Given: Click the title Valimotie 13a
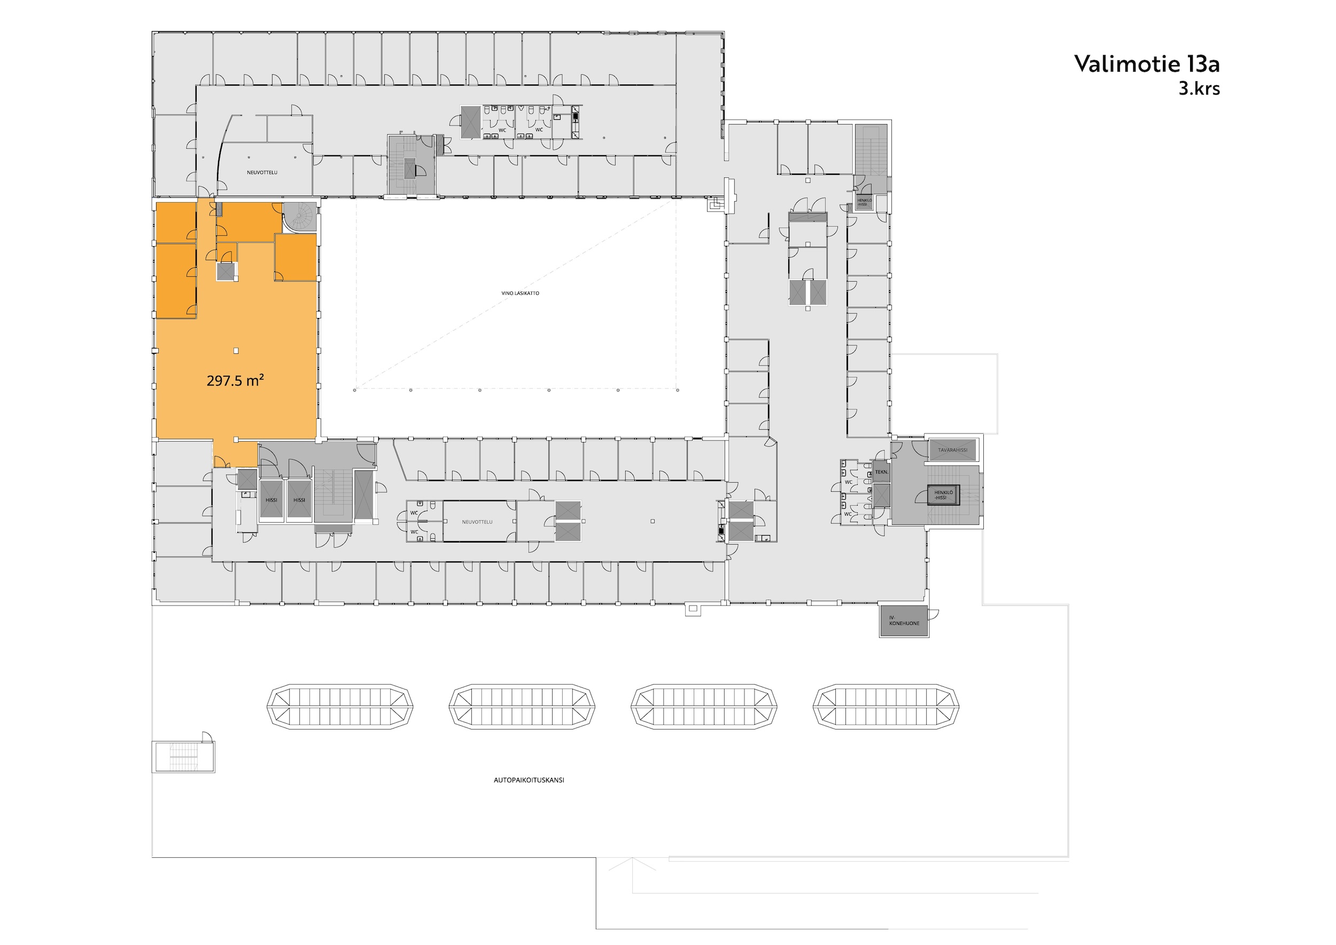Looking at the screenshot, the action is [x=1146, y=64].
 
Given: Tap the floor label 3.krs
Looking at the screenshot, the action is [x=1199, y=88].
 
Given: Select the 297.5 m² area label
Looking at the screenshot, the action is [x=236, y=381].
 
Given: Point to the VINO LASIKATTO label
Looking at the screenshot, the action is [x=520, y=293].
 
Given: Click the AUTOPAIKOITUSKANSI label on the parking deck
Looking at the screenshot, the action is [x=529, y=780].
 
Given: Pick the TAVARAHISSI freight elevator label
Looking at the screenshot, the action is [x=952, y=451].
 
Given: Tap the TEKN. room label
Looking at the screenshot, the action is [x=882, y=472].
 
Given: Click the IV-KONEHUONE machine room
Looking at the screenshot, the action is [x=904, y=621].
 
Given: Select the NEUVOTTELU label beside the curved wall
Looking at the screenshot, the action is [x=262, y=173].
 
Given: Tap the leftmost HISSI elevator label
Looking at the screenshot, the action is [x=271, y=500].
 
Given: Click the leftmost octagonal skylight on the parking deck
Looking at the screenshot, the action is [x=340, y=707].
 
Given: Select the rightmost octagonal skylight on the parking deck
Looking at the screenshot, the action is [x=886, y=707].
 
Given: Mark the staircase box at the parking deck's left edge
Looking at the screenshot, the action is [x=183, y=756].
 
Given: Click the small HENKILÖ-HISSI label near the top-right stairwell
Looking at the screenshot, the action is [x=864, y=202].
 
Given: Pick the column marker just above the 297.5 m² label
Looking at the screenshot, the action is [x=236, y=351].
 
